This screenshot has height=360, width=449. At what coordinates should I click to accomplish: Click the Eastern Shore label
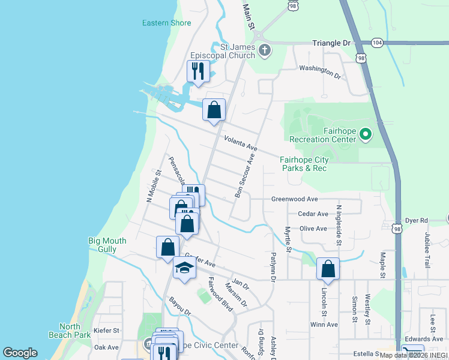click(166, 23)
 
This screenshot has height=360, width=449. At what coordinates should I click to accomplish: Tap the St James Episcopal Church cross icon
click(265, 52)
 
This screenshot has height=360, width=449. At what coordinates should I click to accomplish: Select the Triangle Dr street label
click(331, 43)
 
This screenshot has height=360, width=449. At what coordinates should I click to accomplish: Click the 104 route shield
click(376, 43)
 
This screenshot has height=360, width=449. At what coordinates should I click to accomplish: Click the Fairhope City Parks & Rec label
click(304, 164)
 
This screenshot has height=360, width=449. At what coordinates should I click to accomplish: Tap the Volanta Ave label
click(240, 143)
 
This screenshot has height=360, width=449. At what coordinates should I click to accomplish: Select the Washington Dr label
click(319, 71)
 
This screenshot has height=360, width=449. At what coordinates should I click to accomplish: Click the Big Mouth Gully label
click(107, 245)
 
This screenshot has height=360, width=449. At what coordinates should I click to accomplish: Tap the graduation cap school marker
click(184, 268)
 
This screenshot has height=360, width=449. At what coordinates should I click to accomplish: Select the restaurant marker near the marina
click(197, 71)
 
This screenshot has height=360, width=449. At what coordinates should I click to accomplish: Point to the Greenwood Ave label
click(294, 199)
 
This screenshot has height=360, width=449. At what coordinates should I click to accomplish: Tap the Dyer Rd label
click(416, 221)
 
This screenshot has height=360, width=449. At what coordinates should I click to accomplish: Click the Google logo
click(20, 353)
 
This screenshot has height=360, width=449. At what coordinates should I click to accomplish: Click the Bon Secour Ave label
click(245, 175)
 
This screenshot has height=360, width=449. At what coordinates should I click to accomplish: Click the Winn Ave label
click(324, 325)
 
